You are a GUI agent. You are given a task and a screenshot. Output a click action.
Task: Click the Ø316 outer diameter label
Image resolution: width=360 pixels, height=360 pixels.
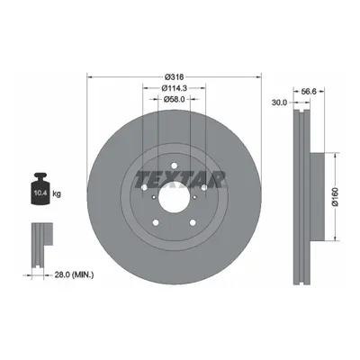[x=175, y=76]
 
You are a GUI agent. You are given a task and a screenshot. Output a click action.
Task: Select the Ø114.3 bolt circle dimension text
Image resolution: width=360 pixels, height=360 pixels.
[x=175, y=88]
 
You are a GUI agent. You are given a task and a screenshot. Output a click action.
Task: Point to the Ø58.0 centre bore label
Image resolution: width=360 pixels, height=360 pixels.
[x=175, y=99]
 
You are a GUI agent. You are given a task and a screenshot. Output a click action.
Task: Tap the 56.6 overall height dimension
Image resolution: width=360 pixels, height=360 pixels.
[x=309, y=92]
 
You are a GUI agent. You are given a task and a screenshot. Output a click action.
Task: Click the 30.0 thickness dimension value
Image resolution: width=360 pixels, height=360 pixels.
[x=279, y=103]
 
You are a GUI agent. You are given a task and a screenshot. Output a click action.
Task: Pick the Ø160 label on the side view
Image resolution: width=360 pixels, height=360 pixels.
[x=335, y=197]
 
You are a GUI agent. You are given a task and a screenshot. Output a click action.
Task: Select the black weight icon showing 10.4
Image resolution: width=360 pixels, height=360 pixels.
[x=40, y=189]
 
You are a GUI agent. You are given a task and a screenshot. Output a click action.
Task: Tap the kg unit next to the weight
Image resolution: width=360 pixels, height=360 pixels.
[x=57, y=193]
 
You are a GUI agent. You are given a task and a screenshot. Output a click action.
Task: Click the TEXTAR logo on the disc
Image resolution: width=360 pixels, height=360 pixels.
[x=179, y=180]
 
